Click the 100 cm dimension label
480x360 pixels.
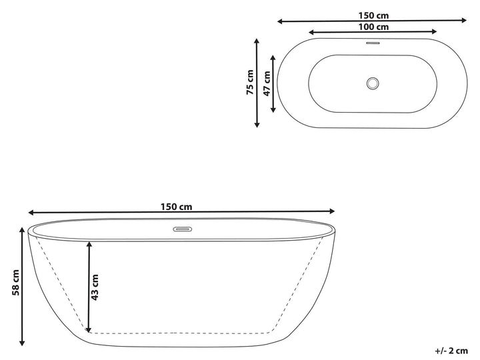[x=373, y=27]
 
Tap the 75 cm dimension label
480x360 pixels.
[x=250, y=83]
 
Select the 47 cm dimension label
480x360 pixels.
[x=267, y=83]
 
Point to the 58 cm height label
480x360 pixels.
[x=15, y=283]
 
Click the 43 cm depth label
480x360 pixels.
[x=95, y=287]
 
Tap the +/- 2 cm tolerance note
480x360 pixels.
[x=451, y=351]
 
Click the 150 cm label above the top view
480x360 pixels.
[x=373, y=15]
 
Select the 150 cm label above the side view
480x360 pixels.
[x=177, y=207]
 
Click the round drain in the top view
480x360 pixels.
[x=373, y=83]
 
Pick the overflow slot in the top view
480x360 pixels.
[x=373, y=43]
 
